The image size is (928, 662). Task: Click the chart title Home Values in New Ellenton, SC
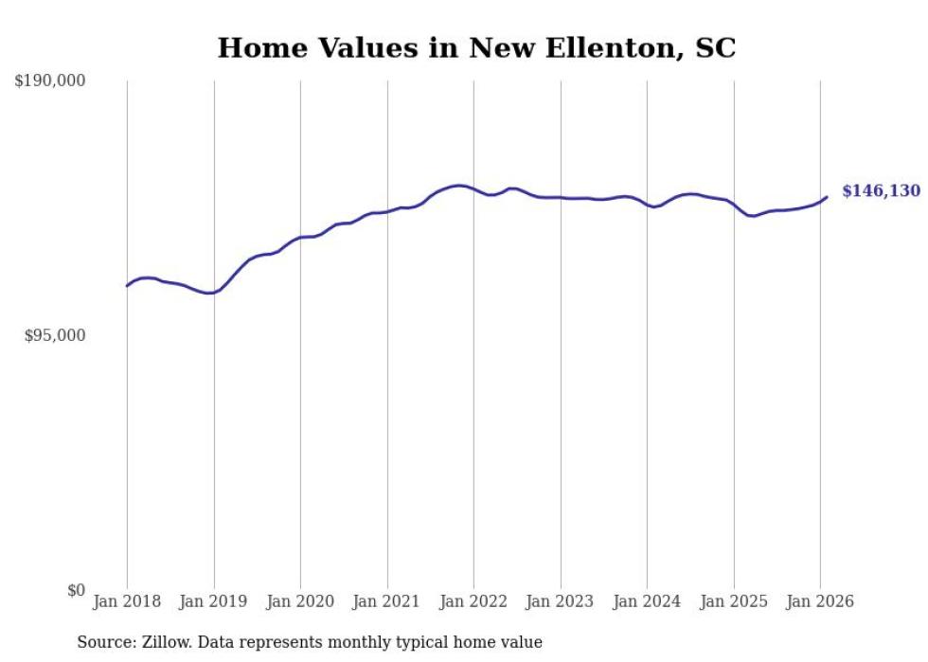click(x=476, y=48)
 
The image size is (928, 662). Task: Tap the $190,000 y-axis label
click(x=50, y=81)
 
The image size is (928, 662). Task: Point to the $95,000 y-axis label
click(x=54, y=335)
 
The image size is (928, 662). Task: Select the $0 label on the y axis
click(x=76, y=590)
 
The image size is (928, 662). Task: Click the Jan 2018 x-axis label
click(x=127, y=601)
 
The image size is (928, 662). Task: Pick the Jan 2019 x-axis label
click(x=214, y=601)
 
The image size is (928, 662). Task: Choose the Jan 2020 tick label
click(x=300, y=601)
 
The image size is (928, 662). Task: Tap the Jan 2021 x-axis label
click(x=387, y=601)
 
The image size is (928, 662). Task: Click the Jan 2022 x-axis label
click(x=473, y=601)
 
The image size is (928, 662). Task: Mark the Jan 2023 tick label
click(x=561, y=601)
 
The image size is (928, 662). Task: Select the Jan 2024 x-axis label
click(x=647, y=601)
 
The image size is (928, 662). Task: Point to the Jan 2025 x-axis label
click(x=734, y=601)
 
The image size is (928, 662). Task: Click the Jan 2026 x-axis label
click(x=820, y=601)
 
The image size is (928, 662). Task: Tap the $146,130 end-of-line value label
click(x=881, y=191)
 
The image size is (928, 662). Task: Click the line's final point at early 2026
click(x=827, y=197)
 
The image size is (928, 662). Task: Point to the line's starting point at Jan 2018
click(x=127, y=285)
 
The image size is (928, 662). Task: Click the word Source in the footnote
click(x=101, y=642)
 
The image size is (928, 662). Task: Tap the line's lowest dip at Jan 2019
click(x=210, y=293)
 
